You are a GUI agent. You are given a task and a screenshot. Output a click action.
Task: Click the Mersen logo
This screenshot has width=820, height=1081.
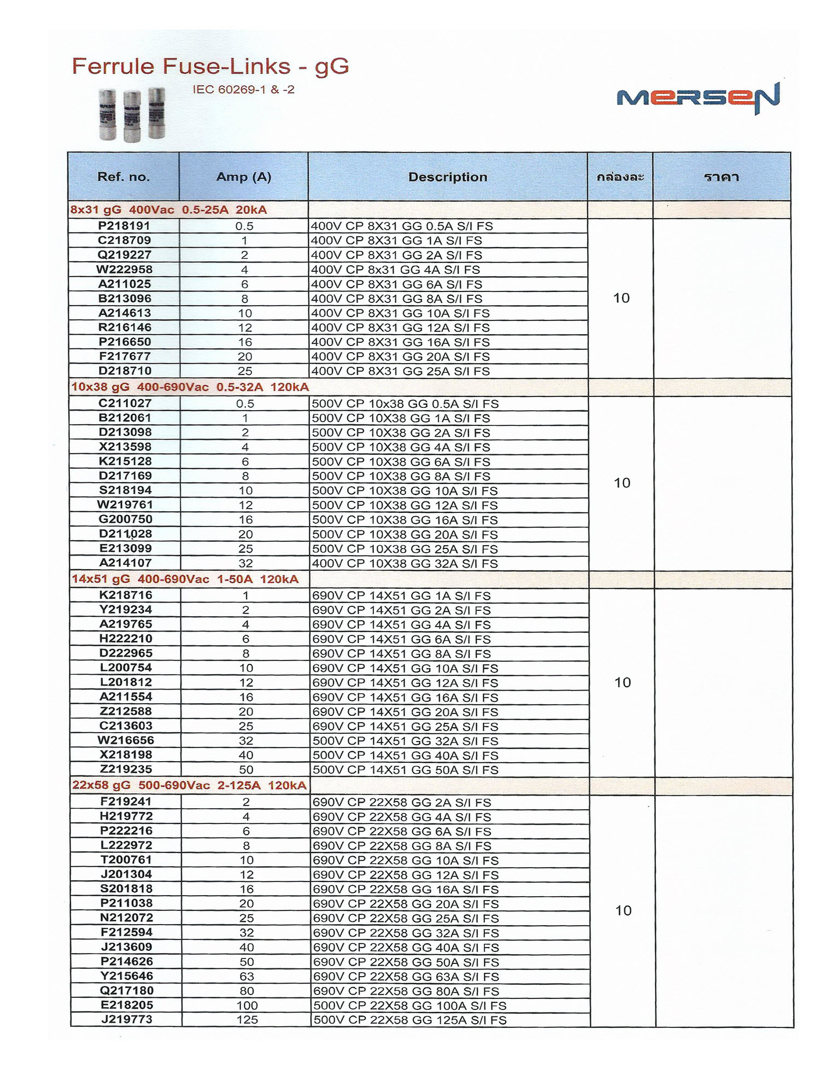(698, 98)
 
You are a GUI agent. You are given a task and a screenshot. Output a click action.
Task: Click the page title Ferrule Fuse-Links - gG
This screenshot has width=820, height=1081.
(210, 67)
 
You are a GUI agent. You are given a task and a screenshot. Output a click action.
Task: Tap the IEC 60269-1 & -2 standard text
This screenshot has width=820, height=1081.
(243, 90)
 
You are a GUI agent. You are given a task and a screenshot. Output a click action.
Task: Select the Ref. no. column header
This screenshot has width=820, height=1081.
(124, 177)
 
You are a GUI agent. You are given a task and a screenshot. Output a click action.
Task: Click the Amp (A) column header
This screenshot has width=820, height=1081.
(244, 177)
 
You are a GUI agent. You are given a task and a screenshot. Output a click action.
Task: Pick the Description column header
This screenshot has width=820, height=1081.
(448, 177)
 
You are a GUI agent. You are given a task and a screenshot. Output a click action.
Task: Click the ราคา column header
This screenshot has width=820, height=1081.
(722, 177)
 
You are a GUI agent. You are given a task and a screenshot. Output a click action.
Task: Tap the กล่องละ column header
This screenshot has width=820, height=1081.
(620, 177)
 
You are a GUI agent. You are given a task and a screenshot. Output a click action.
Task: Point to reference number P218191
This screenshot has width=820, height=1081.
(124, 226)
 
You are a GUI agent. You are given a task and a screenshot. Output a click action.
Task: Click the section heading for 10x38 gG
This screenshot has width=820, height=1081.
(190, 387)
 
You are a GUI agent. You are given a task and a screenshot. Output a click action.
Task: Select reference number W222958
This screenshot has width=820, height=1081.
(124, 269)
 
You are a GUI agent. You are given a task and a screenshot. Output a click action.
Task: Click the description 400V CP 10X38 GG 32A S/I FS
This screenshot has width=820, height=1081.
(405, 564)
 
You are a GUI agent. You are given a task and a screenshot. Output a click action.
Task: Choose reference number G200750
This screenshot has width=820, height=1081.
(125, 519)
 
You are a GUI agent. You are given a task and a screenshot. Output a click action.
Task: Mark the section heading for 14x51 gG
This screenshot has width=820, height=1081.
(185, 580)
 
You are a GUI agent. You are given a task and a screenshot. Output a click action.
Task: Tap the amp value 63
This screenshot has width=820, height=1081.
(247, 977)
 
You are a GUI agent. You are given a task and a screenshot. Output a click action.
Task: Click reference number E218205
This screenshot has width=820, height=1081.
(127, 1005)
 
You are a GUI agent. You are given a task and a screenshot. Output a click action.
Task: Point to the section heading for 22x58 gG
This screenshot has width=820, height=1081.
(189, 786)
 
